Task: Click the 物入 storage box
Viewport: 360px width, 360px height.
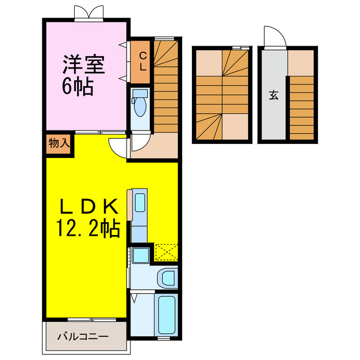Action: click(x=59, y=143)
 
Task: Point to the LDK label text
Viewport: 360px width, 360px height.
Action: click(x=89, y=206)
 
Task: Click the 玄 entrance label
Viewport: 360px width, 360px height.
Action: click(x=273, y=96)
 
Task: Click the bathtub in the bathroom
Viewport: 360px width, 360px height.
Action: click(x=167, y=315)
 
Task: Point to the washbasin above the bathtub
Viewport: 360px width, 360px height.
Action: click(x=167, y=277)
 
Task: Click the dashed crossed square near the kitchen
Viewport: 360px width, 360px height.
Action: click(x=166, y=252)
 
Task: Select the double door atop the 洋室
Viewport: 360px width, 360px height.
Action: click(x=88, y=12)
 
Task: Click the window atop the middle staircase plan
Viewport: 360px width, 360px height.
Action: click(x=240, y=48)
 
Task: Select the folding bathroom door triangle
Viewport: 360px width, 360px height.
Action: click(x=134, y=298)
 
